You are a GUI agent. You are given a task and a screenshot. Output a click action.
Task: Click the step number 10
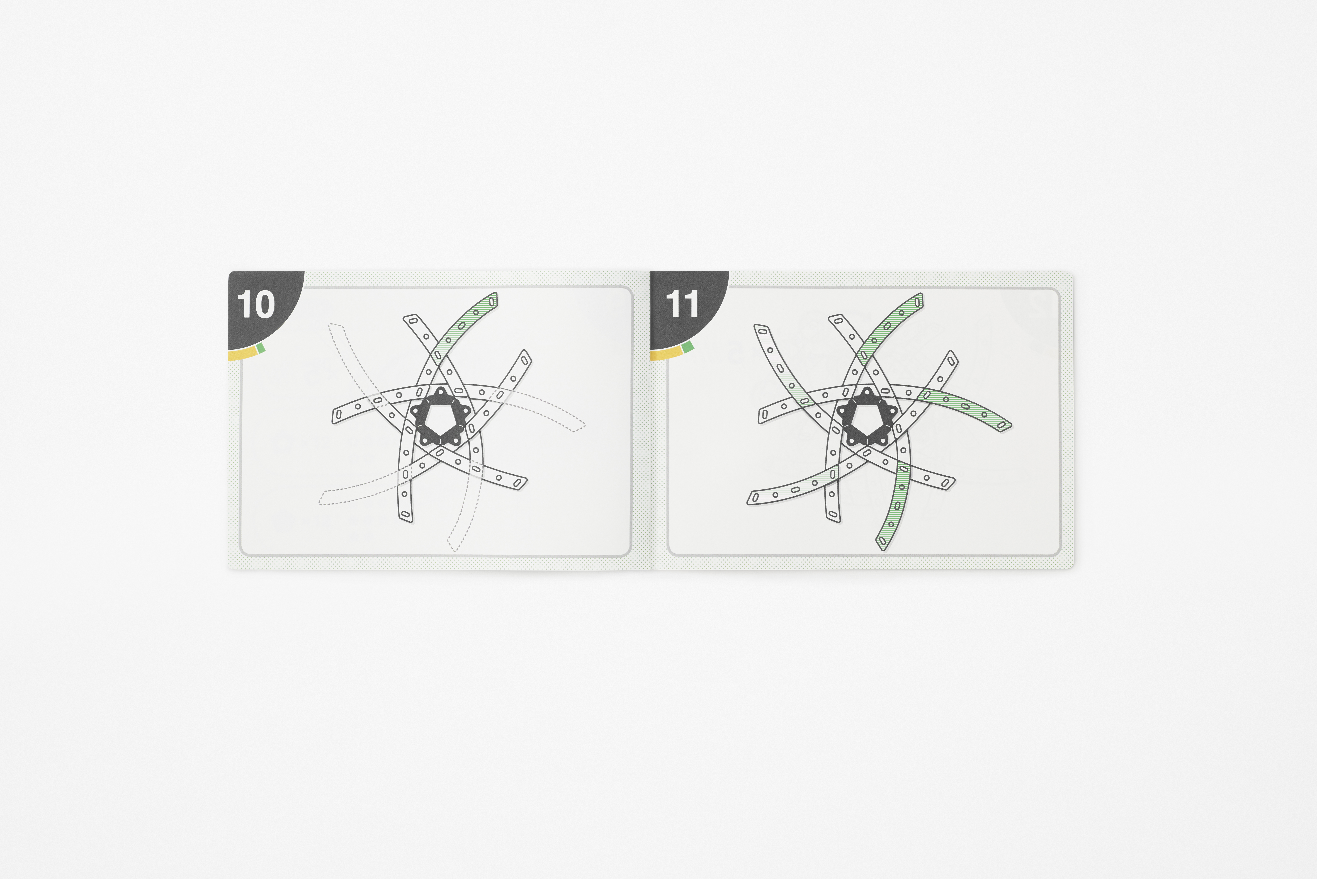pyautogui.click(x=256, y=305)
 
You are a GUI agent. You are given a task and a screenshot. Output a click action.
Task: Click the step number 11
pyautogui.click(x=682, y=305)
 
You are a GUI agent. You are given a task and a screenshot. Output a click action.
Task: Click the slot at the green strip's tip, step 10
pyautogui.click(x=492, y=301)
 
